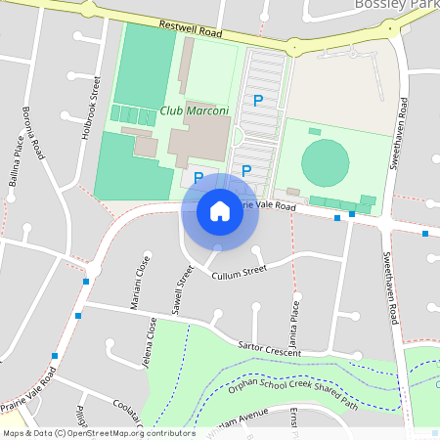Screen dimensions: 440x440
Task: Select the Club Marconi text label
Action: [194, 110]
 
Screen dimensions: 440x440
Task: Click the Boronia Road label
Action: [33, 133]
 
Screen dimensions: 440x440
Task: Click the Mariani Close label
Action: [139, 283]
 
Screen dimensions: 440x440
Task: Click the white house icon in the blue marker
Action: [219, 210]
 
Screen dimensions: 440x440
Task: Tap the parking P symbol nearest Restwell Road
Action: [258, 100]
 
